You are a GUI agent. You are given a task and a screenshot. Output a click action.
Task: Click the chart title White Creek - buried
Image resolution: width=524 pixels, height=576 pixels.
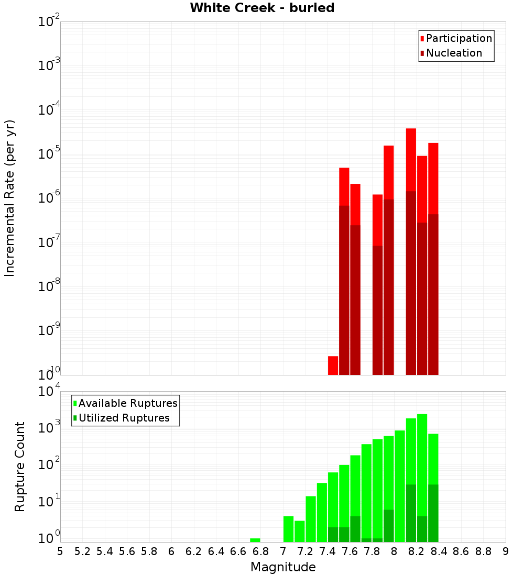click(x=262, y=8)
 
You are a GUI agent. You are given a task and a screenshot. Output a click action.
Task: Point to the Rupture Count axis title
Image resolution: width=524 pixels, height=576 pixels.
click(x=20, y=467)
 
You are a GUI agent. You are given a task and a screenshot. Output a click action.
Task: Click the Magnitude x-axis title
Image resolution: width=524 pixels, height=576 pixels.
click(x=283, y=567)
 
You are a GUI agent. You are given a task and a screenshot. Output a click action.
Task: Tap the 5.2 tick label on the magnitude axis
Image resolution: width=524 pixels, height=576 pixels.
click(x=82, y=551)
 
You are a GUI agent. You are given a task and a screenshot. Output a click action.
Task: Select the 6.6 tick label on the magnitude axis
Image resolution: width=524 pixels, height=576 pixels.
click(x=238, y=551)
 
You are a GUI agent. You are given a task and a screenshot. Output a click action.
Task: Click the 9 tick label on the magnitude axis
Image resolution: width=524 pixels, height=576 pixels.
click(x=506, y=551)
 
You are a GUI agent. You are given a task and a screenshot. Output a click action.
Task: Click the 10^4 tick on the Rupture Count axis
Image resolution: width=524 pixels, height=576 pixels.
click(x=49, y=391)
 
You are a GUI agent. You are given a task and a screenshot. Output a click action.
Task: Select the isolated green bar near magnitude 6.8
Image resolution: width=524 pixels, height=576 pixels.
click(x=255, y=540)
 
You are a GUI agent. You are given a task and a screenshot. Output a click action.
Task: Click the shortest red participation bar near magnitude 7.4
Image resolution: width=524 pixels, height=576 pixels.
click(x=333, y=365)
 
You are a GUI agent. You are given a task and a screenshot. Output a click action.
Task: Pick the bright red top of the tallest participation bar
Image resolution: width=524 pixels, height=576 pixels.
click(x=411, y=157)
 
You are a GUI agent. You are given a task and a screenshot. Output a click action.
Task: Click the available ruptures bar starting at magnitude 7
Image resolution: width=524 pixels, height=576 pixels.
click(x=288, y=529)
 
